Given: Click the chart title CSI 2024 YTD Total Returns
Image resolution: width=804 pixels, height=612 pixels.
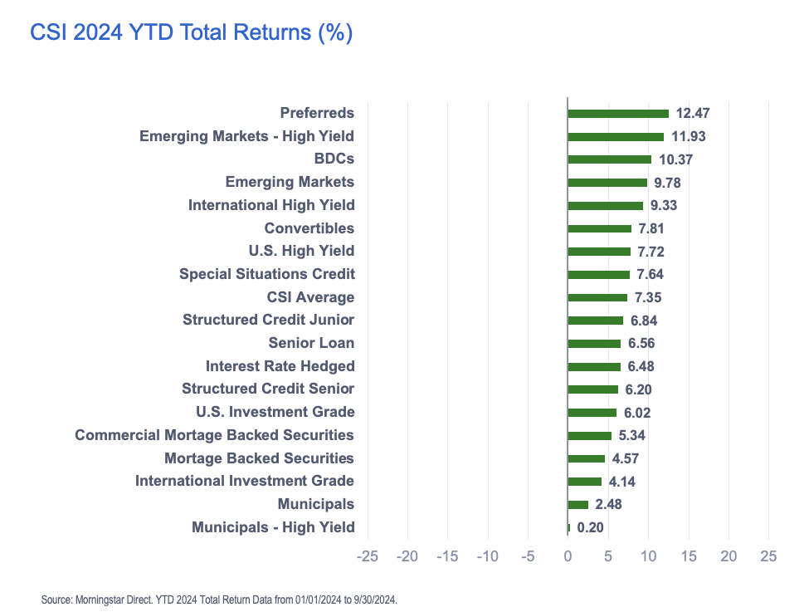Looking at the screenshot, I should pos(191,33).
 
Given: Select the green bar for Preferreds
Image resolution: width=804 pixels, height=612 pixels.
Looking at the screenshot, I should pos(618,114).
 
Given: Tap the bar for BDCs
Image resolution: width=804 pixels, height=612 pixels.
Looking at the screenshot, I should pos(610,159).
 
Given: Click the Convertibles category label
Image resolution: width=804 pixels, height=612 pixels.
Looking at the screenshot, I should pos(309,228).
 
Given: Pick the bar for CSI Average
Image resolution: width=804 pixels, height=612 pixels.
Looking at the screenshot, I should pos(597,297).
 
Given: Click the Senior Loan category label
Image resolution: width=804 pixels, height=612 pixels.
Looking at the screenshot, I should pos(311,343).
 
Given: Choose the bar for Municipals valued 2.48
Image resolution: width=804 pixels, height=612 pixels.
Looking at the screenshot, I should pos(578,504).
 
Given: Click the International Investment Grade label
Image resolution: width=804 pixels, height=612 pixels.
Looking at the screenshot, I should pos(245,481).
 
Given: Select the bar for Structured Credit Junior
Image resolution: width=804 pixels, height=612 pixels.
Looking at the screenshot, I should pos(596,321).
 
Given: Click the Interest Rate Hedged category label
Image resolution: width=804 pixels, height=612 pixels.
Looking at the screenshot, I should pos(280,366).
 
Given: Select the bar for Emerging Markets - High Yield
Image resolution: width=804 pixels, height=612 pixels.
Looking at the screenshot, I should pos(616,136).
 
